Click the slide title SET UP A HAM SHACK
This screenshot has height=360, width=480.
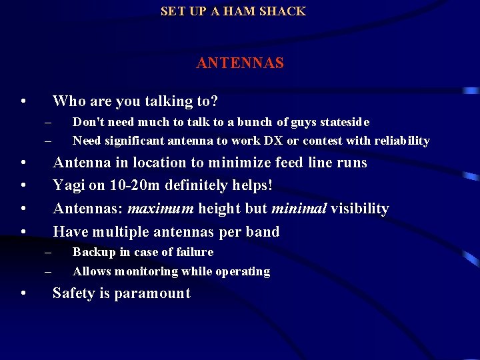(x=233, y=11)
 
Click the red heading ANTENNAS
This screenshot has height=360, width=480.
(x=240, y=63)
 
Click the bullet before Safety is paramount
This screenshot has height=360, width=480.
(x=23, y=294)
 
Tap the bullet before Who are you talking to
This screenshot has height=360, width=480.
(x=23, y=102)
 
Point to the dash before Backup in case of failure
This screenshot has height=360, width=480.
(x=48, y=252)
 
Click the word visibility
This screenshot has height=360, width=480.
(x=359, y=209)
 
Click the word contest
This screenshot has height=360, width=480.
(x=319, y=141)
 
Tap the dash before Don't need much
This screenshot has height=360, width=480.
(x=48, y=122)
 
